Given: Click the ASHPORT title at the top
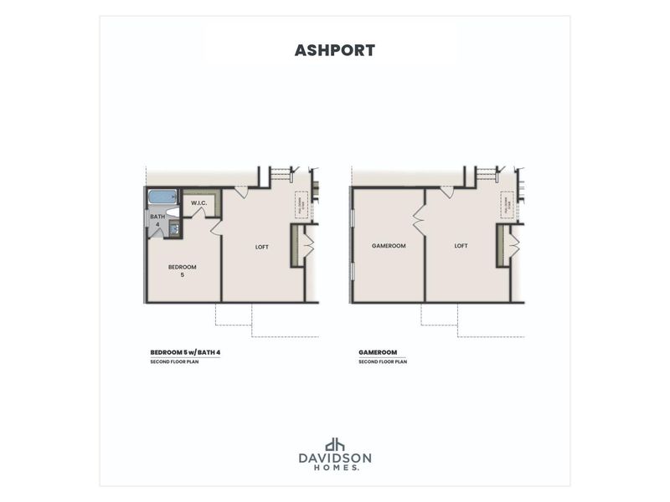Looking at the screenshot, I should [x=334, y=50].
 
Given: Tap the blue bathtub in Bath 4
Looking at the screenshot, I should [x=162, y=198].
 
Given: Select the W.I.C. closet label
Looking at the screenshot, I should [x=198, y=203].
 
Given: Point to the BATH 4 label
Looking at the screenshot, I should [x=157, y=220].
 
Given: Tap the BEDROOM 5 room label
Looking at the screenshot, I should [x=182, y=270].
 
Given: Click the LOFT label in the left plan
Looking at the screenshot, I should [x=262, y=247].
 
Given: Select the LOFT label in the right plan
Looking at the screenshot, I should [x=461, y=246].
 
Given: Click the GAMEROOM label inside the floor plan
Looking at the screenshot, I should [x=389, y=246].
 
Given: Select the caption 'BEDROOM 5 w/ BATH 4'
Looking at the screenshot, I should [x=185, y=352].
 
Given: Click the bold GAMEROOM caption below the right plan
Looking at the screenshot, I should [x=377, y=352].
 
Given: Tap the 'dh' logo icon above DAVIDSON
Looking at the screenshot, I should [x=335, y=445].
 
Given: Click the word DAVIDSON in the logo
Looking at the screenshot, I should [x=335, y=459].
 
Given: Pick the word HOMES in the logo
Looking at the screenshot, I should [x=335, y=469].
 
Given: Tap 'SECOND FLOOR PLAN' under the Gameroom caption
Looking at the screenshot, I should [x=383, y=362].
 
